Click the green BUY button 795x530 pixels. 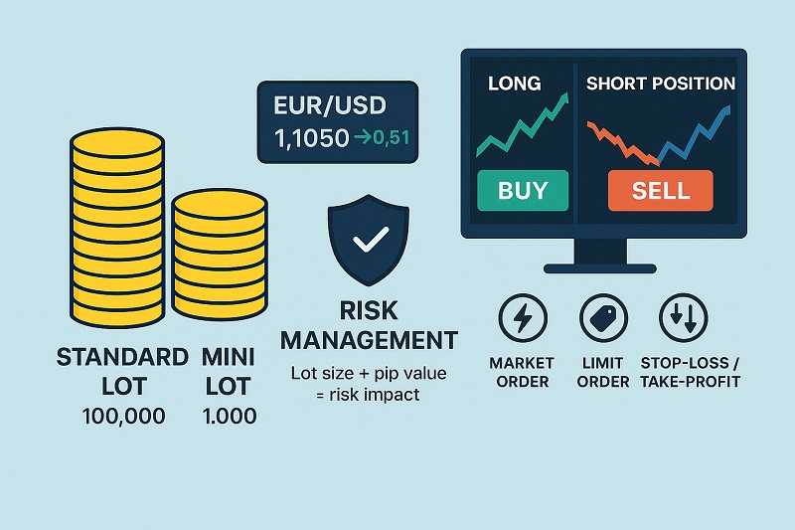[522, 190]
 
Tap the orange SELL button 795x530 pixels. [661, 190]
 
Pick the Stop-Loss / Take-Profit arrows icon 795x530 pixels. [684, 318]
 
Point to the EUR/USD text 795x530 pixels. [323, 104]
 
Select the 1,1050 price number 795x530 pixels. [303, 139]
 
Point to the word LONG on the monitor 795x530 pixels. [514, 84]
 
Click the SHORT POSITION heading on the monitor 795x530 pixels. [661, 84]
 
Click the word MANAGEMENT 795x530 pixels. [369, 341]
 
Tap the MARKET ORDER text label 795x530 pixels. [521, 373]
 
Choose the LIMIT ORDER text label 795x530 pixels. [603, 373]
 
